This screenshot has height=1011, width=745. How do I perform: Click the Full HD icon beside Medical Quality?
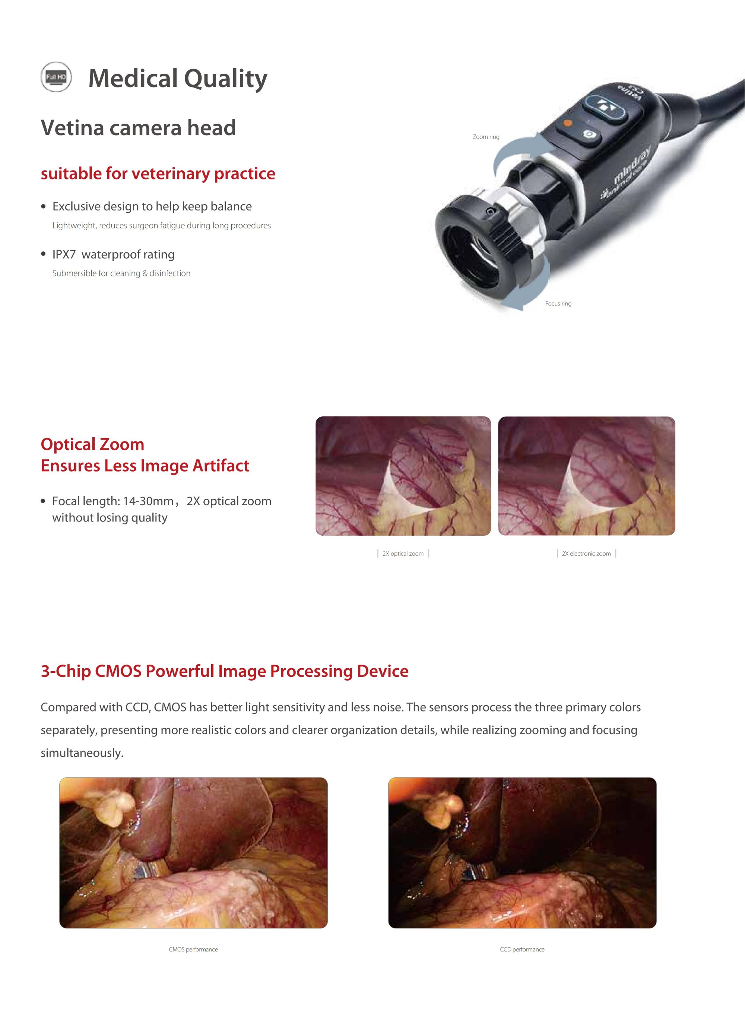click(56, 77)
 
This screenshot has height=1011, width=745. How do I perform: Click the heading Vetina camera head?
click(139, 128)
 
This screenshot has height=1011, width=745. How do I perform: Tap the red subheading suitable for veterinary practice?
click(158, 174)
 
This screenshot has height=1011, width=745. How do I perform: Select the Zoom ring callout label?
click(486, 137)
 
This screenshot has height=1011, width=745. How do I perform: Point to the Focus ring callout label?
click(558, 304)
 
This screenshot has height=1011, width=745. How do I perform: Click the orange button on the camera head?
click(568, 122)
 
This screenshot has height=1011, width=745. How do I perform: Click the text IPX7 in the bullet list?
click(64, 254)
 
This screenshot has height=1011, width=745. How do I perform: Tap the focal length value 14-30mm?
click(148, 501)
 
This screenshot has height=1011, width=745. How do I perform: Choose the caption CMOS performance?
click(193, 949)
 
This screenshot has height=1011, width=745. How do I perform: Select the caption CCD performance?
click(522, 949)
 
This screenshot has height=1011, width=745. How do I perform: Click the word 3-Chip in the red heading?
click(66, 671)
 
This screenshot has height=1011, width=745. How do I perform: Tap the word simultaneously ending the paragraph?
click(82, 753)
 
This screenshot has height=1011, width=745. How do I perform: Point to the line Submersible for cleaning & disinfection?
click(121, 273)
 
